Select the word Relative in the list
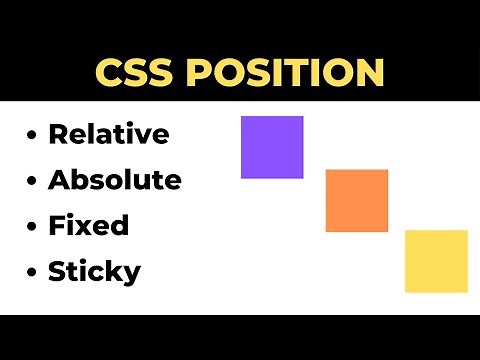pyautogui.click(x=109, y=134)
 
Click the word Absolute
pyautogui.click(x=115, y=180)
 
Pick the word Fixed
pyautogui.click(x=89, y=225)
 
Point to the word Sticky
pyautogui.click(x=95, y=271)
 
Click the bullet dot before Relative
pyautogui.click(x=34, y=135)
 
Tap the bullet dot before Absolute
pyautogui.click(x=34, y=181)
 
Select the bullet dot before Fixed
pyautogui.click(x=34, y=226)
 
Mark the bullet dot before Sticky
pyautogui.click(x=34, y=272)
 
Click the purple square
pyautogui.click(x=272, y=147)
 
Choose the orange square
pyautogui.click(x=357, y=201)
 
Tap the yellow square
pyautogui.click(x=436, y=261)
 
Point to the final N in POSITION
pyautogui.click(x=369, y=73)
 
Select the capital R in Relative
pyautogui.click(x=58, y=134)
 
